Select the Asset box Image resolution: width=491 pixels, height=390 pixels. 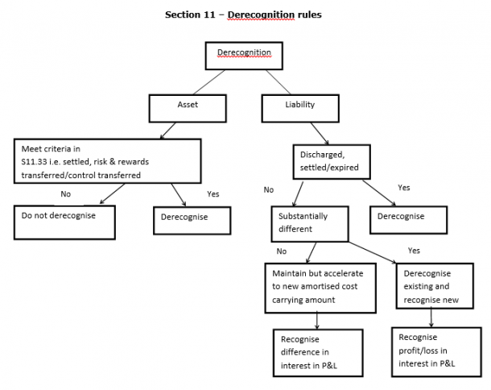click(x=187, y=106)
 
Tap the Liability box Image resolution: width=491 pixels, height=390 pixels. click(x=300, y=106)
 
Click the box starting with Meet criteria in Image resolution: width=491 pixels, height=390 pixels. click(x=107, y=160)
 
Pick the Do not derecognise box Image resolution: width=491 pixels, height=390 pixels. click(x=64, y=216)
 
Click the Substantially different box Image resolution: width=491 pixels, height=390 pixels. click(x=312, y=223)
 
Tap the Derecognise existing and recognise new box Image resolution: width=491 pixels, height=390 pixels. click(x=432, y=285)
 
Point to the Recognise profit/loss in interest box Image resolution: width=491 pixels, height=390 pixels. click(x=431, y=349)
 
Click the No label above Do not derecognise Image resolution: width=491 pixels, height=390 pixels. click(x=66, y=193)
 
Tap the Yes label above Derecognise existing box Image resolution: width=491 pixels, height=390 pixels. click(x=414, y=251)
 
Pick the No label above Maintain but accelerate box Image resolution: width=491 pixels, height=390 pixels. click(x=282, y=251)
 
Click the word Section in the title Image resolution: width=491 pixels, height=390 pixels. click(x=183, y=15)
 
